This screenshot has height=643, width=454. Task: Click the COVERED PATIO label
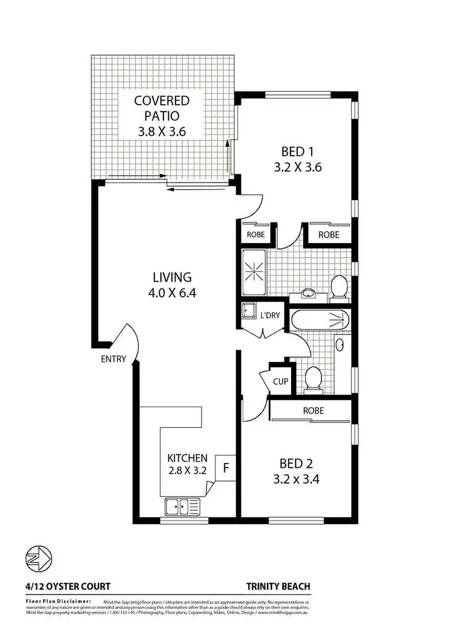tap(162, 115)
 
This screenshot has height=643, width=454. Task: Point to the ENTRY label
tap(114, 359)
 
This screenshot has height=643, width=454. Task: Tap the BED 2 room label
tap(296, 471)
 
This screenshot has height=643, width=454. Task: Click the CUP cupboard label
tap(280, 382)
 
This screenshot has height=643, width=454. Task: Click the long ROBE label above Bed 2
tap(313, 410)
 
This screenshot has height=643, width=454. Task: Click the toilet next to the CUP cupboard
tap(314, 379)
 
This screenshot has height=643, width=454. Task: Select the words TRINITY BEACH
tap(278, 587)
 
